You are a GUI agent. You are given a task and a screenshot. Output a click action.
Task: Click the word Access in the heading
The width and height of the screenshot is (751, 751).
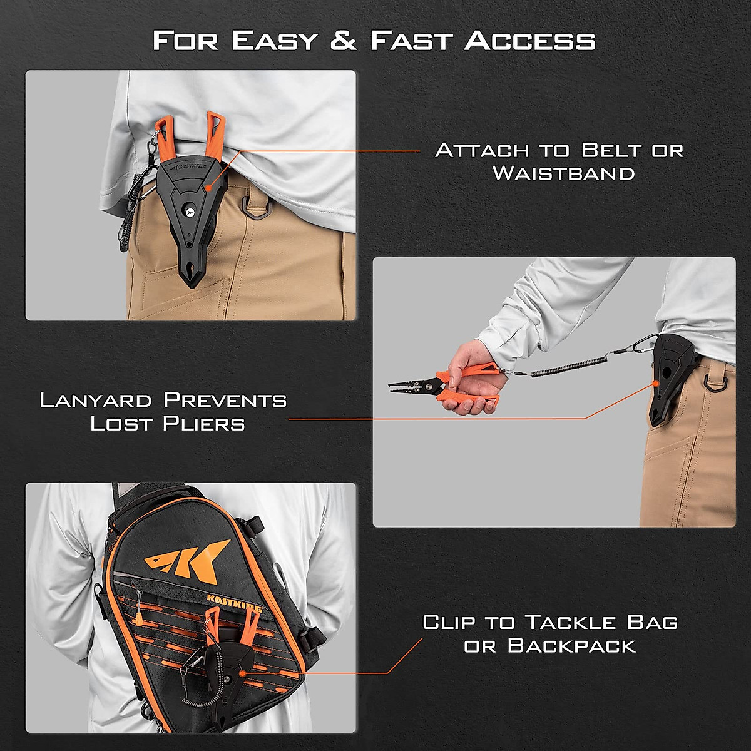529,41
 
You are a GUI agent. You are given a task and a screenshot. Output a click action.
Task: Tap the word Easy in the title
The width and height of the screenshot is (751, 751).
273,41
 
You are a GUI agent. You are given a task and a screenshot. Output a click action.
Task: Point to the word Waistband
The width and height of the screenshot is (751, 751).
563,173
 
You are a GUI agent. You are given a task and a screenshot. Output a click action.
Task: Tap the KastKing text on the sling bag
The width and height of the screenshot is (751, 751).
235,605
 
